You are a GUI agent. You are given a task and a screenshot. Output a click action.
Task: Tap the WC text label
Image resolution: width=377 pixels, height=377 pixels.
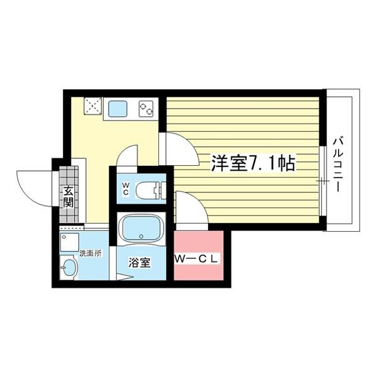point(126,188)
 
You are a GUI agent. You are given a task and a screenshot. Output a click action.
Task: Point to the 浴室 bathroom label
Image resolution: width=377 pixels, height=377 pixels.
point(140,263)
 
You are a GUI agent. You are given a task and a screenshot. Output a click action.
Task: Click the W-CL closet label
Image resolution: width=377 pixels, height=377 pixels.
point(197,259)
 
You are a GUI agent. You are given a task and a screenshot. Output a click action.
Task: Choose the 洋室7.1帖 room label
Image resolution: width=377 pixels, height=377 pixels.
point(253,163)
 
